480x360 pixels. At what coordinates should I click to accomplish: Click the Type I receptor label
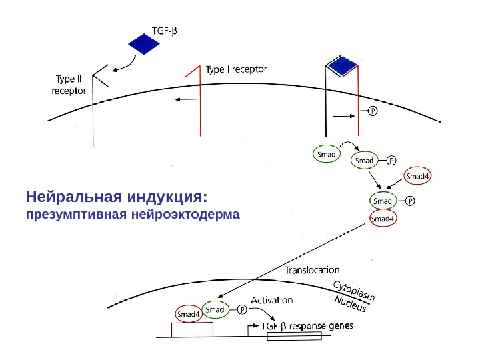click(x=236, y=69)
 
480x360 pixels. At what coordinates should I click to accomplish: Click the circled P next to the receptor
click(x=373, y=111)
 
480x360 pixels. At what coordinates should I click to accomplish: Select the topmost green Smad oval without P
click(x=327, y=155)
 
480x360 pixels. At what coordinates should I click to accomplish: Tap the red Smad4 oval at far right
click(x=419, y=177)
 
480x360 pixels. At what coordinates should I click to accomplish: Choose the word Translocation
click(x=312, y=271)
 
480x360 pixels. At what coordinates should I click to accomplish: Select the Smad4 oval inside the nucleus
click(x=188, y=314)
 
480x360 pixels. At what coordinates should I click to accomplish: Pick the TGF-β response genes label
click(x=307, y=326)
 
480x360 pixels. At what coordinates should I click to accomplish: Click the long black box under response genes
click(x=294, y=337)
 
